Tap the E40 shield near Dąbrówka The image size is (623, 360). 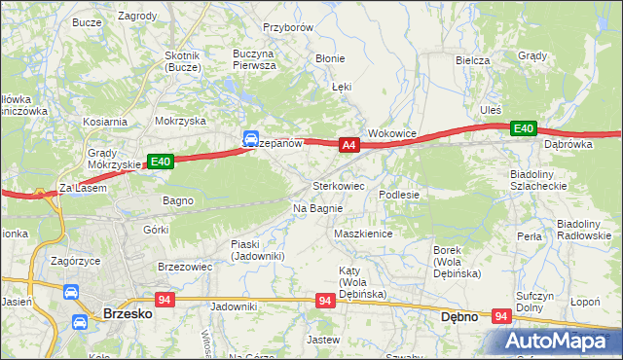524,127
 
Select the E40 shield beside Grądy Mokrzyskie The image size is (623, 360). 161,162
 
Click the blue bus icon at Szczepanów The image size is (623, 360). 250,139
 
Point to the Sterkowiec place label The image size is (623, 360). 338,185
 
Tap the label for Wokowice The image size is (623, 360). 392,133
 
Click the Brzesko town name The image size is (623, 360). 124,314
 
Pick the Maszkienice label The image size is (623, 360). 362,234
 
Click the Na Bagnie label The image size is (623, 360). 317,209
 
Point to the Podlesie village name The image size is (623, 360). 399,195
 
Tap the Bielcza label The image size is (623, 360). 472,59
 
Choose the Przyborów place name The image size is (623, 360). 288,28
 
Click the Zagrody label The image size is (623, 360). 137,17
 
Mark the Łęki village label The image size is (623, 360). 341,87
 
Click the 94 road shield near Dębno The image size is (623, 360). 501,316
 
